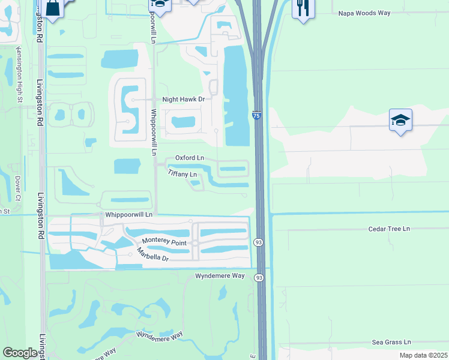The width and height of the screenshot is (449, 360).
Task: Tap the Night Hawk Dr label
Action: [x=184, y=100]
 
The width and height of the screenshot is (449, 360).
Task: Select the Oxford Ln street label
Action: [x=190, y=158]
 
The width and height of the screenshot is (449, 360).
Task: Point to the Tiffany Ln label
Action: [x=182, y=174]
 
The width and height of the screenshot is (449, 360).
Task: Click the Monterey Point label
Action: [x=164, y=242]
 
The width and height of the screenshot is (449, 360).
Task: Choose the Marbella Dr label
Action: [x=153, y=254]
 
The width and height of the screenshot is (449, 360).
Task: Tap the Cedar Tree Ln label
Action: [x=389, y=229]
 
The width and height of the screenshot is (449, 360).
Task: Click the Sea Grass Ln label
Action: [x=391, y=341]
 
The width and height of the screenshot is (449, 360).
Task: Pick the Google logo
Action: [x=20, y=353]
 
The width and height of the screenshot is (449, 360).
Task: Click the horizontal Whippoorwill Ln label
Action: [x=128, y=214]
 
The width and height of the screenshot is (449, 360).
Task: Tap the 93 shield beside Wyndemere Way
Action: [x=259, y=277]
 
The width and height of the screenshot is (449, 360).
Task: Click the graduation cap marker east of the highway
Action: [x=400, y=121]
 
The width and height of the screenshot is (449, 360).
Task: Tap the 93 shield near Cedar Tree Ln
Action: [x=259, y=242]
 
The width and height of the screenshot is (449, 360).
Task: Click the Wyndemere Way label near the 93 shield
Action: [x=220, y=275]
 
